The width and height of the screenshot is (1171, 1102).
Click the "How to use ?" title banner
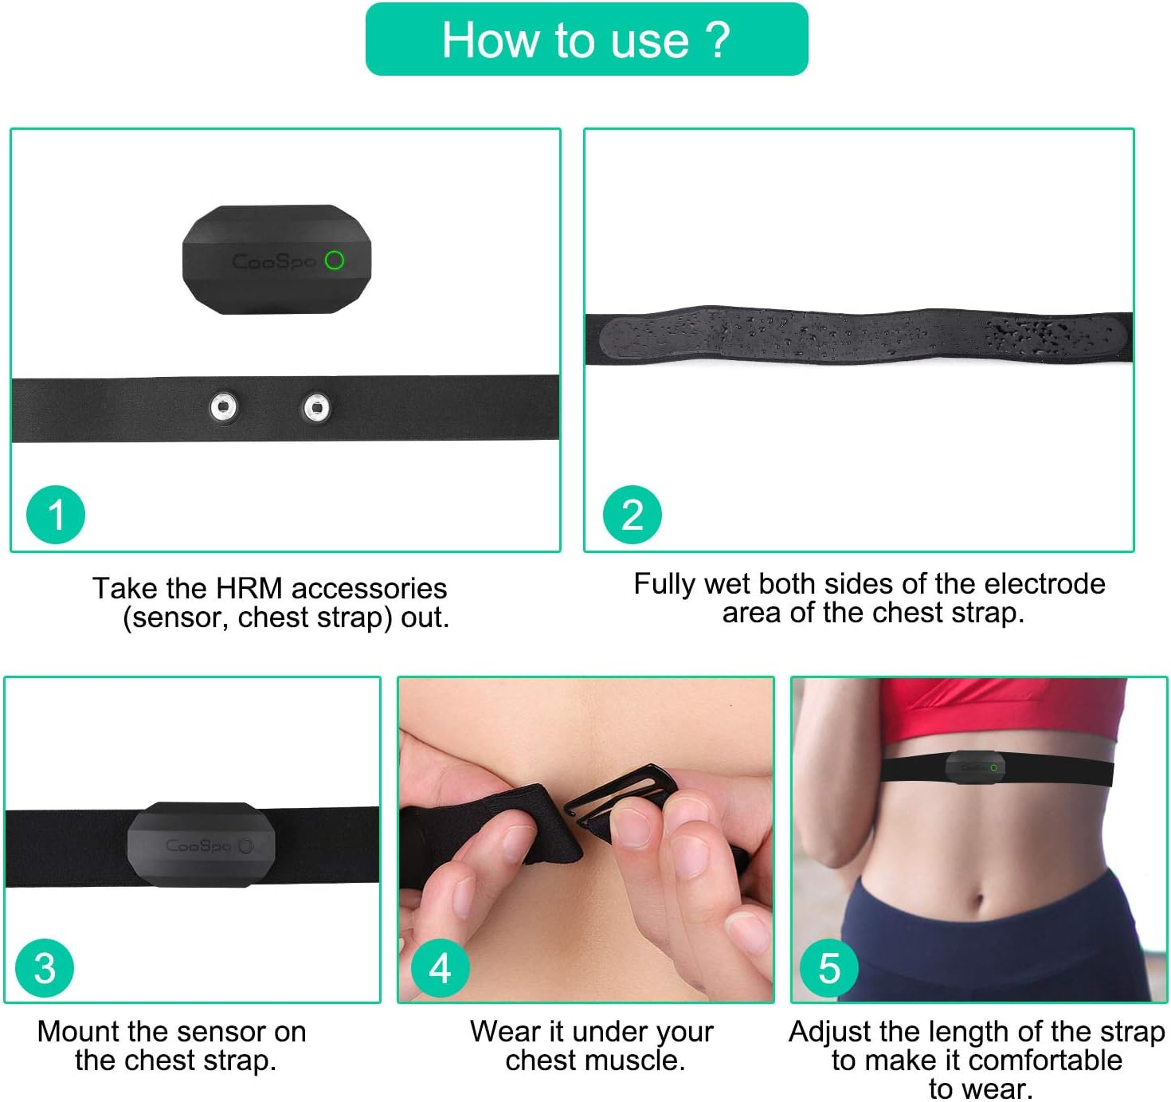[586, 39]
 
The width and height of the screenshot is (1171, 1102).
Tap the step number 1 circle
[56, 514]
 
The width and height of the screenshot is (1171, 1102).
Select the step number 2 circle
[632, 514]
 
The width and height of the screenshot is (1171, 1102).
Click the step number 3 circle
[45, 968]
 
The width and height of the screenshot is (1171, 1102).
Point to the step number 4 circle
[440, 968]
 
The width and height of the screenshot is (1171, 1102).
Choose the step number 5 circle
[828, 968]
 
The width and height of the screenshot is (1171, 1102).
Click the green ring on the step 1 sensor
[335, 261]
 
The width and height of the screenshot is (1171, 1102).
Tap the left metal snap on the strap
[224, 407]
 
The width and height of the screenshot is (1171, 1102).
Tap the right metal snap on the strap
[316, 408]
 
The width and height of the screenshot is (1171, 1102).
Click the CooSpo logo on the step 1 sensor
[273, 261]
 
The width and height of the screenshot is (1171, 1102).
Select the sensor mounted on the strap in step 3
[201, 844]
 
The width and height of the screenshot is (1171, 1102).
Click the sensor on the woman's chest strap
[974, 767]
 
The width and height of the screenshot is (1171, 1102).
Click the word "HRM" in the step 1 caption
[249, 588]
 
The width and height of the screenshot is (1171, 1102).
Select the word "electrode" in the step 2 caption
[1044, 584]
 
